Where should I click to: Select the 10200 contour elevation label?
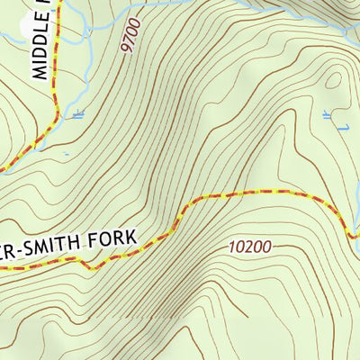point(249,246)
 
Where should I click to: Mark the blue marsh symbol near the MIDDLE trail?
point(76,113)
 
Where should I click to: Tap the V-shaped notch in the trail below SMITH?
point(86,266)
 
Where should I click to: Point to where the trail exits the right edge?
point(357,238)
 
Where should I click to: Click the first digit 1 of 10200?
point(231,246)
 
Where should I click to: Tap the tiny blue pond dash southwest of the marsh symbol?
point(65,154)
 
